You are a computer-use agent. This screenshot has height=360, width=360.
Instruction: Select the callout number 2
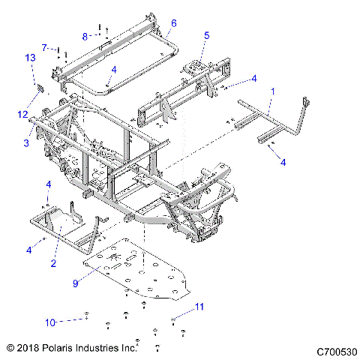point(53,263)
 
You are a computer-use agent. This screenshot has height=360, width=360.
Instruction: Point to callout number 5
point(207,35)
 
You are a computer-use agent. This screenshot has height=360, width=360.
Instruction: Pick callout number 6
point(173,23)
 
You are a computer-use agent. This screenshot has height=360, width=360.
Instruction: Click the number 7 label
point(43,46)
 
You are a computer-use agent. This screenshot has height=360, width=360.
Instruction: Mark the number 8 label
point(85,35)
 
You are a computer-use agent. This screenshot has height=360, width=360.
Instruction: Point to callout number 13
point(31,58)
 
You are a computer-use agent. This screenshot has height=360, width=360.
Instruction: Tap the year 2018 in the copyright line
point(28,349)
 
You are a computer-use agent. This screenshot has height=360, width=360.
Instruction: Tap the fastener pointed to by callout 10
point(88,319)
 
